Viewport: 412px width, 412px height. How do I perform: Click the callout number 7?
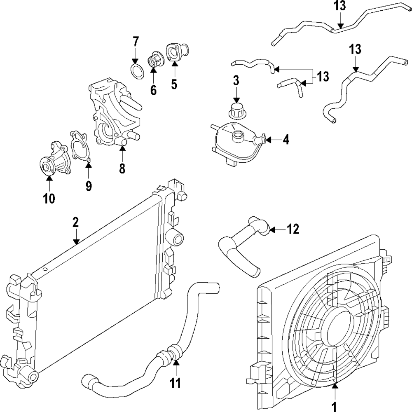point(136,42)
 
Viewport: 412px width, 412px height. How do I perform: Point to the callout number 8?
point(122,169)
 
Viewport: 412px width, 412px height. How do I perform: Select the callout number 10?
point(49,199)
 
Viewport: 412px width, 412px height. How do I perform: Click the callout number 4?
point(286,140)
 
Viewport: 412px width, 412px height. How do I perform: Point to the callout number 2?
point(75,222)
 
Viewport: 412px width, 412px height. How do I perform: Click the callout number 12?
point(293,229)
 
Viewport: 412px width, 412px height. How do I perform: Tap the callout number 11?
point(176,383)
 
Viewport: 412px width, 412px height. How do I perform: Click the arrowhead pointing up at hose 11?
point(176,363)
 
